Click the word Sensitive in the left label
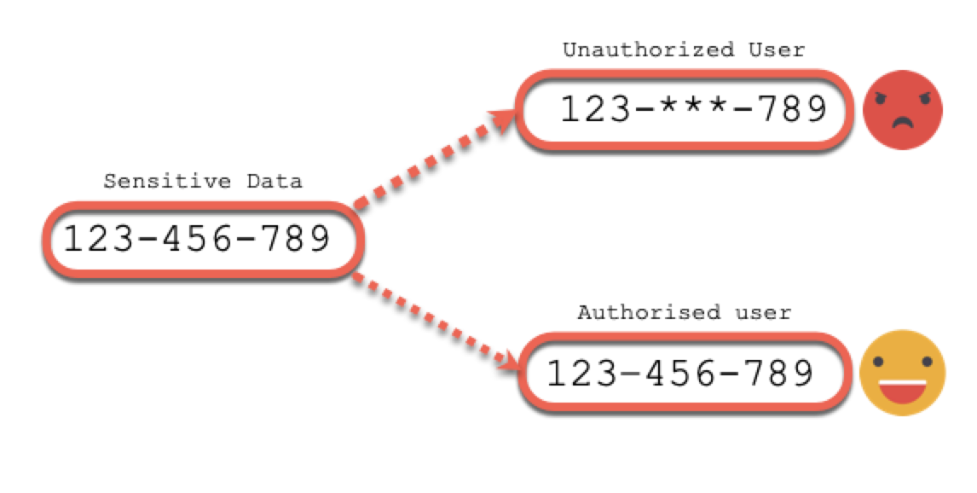(x=167, y=182)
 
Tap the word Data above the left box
(x=275, y=182)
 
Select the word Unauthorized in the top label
(x=649, y=49)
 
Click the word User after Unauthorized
(x=777, y=49)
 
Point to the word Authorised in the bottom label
(x=648, y=311)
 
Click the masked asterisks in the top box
(x=693, y=107)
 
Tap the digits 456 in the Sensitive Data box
(x=197, y=238)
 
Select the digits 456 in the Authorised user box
(x=681, y=374)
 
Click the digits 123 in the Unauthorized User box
(x=596, y=108)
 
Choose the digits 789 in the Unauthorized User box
(x=792, y=108)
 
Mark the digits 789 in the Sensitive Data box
(x=295, y=238)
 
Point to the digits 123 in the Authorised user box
(x=582, y=374)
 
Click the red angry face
(x=902, y=110)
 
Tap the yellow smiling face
(x=902, y=373)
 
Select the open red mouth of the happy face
(x=902, y=391)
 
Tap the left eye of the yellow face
(x=879, y=362)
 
